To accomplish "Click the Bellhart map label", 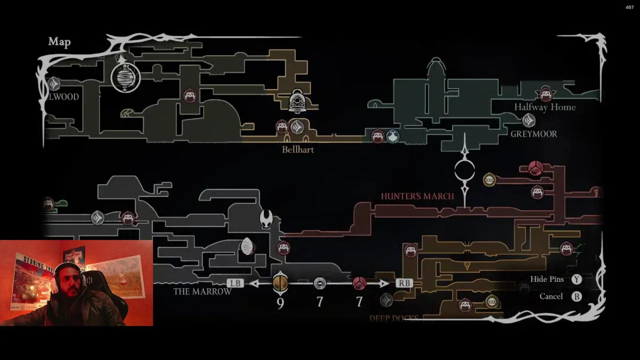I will coord(298,149).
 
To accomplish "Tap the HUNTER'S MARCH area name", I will coord(417,196).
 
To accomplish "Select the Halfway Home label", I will coord(545,107).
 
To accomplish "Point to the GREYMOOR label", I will coord(533,134).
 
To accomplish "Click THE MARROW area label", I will coord(202,291).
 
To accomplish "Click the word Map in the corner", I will coord(59,42).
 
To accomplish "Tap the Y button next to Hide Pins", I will coord(577,279).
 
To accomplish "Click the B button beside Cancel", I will coord(577,296).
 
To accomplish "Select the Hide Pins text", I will coord(547,279).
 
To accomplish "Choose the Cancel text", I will coord(551,296).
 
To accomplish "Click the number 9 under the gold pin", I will coord(280,303).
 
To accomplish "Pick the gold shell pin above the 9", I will coord(280,283).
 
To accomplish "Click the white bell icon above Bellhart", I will coord(298,101).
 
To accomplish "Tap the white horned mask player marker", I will coord(266,218).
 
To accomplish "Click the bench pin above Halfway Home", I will coord(545,93).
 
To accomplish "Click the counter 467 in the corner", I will coord(629,7).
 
